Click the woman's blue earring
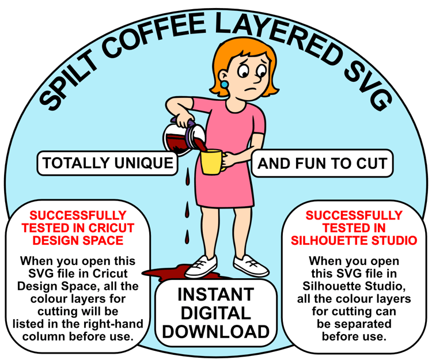point(225,85)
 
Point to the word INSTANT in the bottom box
point(216,294)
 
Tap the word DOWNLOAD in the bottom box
point(216,332)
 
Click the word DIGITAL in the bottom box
point(216,313)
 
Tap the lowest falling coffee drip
point(187,237)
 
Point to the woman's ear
point(223,78)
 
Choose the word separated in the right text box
point(354,324)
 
